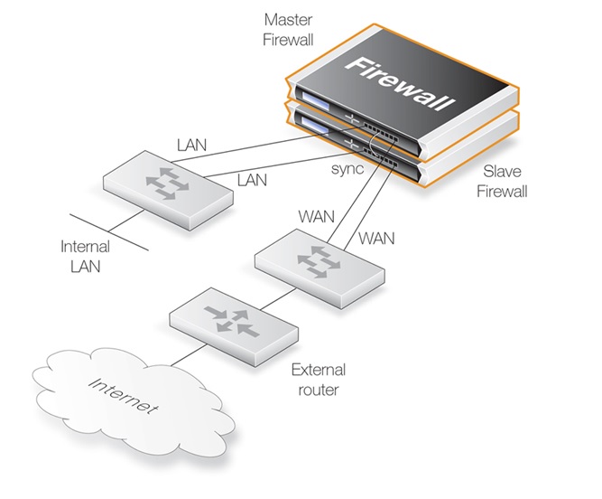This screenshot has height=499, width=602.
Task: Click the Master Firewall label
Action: pyautogui.click(x=288, y=30)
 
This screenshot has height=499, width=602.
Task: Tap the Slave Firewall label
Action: pyautogui.click(x=502, y=181)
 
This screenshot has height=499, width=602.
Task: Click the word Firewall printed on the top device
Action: pyautogui.click(x=400, y=83)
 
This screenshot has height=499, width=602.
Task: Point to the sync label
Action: pyautogui.click(x=347, y=168)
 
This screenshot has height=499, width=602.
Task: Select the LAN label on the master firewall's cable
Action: pyautogui.click(x=191, y=145)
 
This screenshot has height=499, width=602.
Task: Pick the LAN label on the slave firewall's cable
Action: pyautogui.click(x=252, y=180)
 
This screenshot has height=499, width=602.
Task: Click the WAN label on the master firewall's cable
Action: pyautogui.click(x=317, y=216)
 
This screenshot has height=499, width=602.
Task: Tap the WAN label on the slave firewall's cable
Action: pyautogui.click(x=376, y=239)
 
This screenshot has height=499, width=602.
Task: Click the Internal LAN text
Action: pyautogui.click(x=85, y=257)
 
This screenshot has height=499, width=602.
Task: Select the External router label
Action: pyautogui.click(x=319, y=380)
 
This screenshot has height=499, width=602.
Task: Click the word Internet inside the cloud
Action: pyautogui.click(x=123, y=396)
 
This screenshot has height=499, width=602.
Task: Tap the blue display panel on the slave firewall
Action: pyautogui.click(x=314, y=126)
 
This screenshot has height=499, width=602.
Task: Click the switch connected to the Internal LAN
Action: pyautogui.click(x=168, y=190)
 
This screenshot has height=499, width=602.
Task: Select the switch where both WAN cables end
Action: pyautogui.click(x=320, y=268)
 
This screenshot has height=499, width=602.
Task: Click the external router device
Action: pyautogui.click(x=234, y=327)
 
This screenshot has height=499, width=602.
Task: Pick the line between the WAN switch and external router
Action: pyautogui.click(x=278, y=298)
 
